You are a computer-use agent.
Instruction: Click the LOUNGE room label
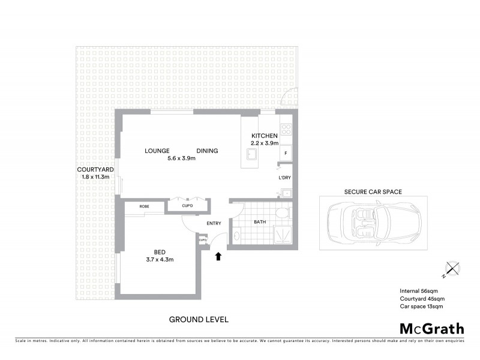(x=157, y=151)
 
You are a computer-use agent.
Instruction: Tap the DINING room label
(x=207, y=151)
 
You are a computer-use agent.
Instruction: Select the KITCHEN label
(x=264, y=135)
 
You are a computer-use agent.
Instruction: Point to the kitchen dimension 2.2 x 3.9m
(x=264, y=143)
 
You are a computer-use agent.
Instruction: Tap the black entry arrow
(x=218, y=257)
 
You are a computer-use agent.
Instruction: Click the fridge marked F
(x=286, y=154)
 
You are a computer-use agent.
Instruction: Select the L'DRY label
(x=284, y=178)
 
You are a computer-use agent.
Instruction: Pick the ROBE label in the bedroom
(x=144, y=206)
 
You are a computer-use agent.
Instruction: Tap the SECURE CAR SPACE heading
(x=373, y=193)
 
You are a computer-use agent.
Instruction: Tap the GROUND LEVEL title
(x=198, y=319)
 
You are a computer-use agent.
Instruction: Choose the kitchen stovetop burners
(x=286, y=129)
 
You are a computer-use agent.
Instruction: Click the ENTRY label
(x=214, y=224)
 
